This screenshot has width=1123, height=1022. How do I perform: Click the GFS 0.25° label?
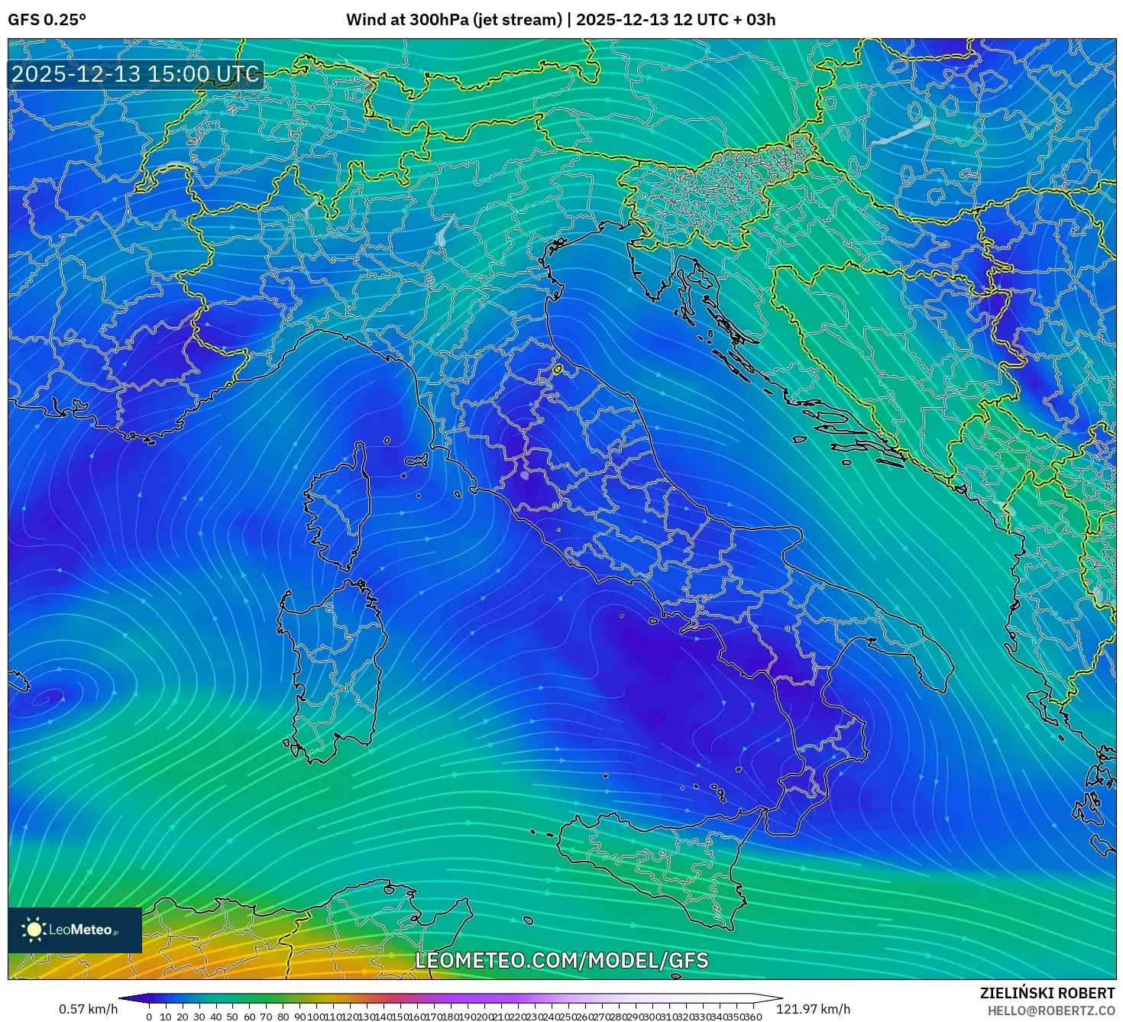click(47, 20)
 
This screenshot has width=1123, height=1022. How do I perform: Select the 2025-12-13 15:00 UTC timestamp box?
click(135, 74)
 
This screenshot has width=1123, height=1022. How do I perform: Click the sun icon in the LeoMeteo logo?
click(34, 929)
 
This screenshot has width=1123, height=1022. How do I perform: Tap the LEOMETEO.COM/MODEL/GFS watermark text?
click(561, 960)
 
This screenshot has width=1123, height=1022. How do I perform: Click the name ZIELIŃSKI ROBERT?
click(1047, 993)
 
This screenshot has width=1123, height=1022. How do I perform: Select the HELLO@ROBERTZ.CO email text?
click(1050, 1011)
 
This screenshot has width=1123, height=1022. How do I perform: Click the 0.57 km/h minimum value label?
click(88, 1009)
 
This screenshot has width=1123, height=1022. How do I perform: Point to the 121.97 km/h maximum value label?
click(813, 1009)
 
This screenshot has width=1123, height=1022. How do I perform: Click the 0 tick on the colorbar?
click(149, 1017)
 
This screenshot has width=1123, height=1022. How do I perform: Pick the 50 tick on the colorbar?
click(232, 1017)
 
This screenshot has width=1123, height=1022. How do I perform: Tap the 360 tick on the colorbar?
click(752, 1017)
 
